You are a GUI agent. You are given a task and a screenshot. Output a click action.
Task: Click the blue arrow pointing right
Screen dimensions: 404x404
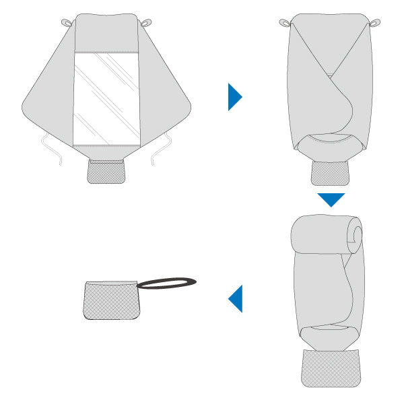point(234,97)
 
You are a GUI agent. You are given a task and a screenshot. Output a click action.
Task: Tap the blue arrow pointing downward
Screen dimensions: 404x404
point(331,199)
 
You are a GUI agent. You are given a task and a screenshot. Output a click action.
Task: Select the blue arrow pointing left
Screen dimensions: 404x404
point(236,298)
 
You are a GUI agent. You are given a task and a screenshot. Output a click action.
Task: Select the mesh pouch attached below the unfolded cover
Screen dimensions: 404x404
point(106,172)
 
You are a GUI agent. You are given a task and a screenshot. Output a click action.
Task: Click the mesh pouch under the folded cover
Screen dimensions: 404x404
point(331,173)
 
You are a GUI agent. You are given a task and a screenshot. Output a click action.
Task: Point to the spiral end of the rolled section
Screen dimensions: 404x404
point(356,234)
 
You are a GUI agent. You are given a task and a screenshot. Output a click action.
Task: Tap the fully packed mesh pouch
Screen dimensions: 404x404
point(109,301)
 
